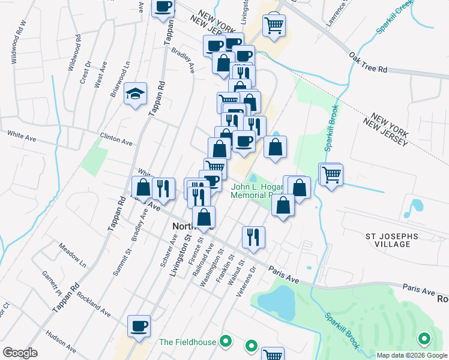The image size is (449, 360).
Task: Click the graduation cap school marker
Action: point(135,94)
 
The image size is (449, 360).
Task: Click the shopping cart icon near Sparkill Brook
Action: point(331,175)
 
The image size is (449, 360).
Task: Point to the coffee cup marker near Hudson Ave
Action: point(139,326)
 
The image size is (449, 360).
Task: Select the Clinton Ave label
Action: point(116,139)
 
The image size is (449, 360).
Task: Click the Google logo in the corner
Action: point(20,353)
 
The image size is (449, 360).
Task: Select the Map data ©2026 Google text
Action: point(411,355)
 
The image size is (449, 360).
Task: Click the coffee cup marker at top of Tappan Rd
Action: point(164,8)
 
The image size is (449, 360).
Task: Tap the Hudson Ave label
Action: point(62,340)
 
